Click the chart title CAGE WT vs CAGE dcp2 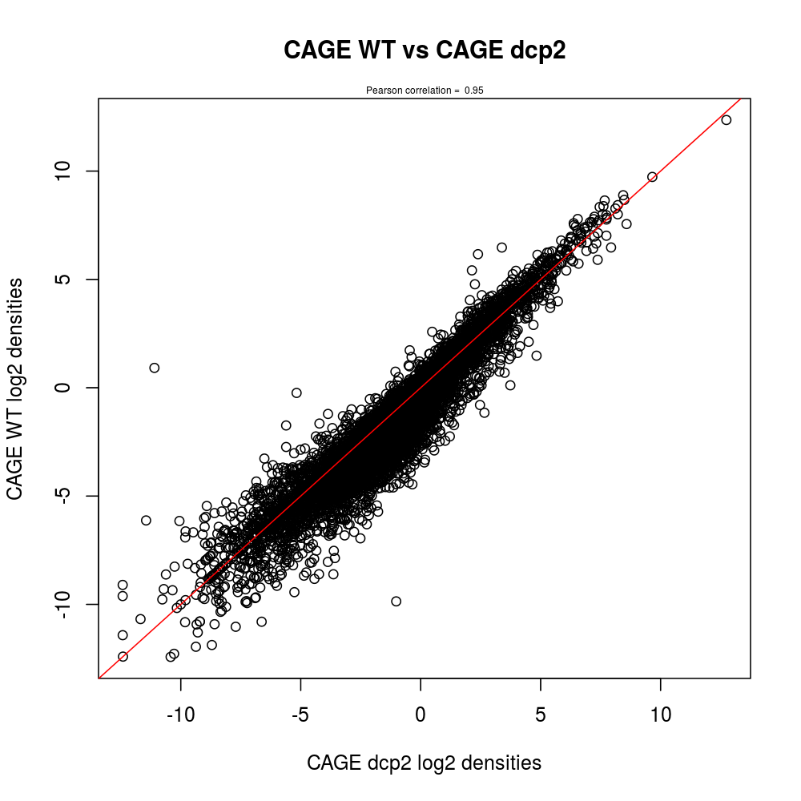(x=425, y=50)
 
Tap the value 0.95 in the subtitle (x=474, y=91)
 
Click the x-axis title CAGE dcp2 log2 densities (x=424, y=763)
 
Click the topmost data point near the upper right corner (x=727, y=120)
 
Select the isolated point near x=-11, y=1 (x=155, y=368)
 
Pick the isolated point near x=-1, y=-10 (x=396, y=601)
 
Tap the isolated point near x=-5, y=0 (x=296, y=392)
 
